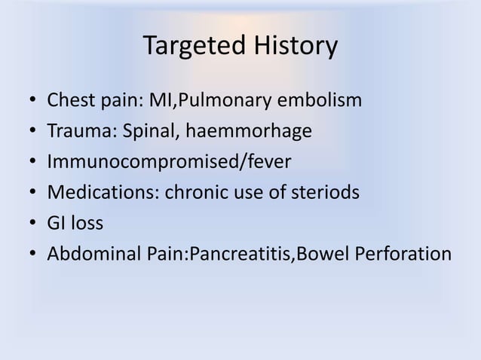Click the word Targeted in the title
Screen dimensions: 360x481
188,47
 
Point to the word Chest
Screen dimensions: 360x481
70,100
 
